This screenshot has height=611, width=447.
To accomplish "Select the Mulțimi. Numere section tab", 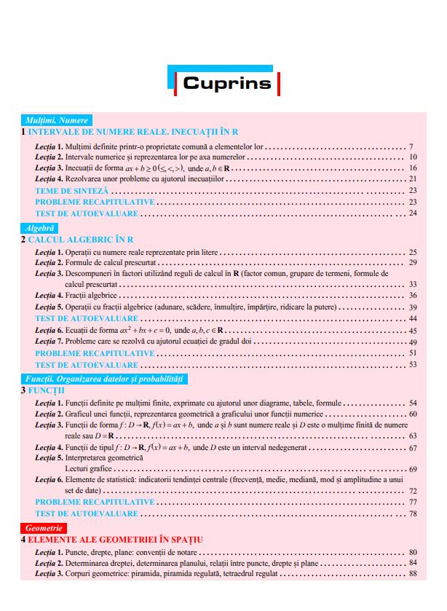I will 57,120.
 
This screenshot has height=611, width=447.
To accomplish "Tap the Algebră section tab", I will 41,227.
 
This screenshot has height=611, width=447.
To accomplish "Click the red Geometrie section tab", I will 44,527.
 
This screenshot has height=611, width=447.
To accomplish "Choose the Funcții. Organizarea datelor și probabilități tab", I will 106,379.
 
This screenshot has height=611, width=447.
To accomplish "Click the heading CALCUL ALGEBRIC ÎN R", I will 81,239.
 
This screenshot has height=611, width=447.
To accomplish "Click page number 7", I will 411,146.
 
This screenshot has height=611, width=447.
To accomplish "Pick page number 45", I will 413,331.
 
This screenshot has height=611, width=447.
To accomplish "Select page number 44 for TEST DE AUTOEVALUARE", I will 413,319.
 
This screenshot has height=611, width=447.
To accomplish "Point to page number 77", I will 413,502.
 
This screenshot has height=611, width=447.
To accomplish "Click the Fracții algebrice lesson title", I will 91,296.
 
